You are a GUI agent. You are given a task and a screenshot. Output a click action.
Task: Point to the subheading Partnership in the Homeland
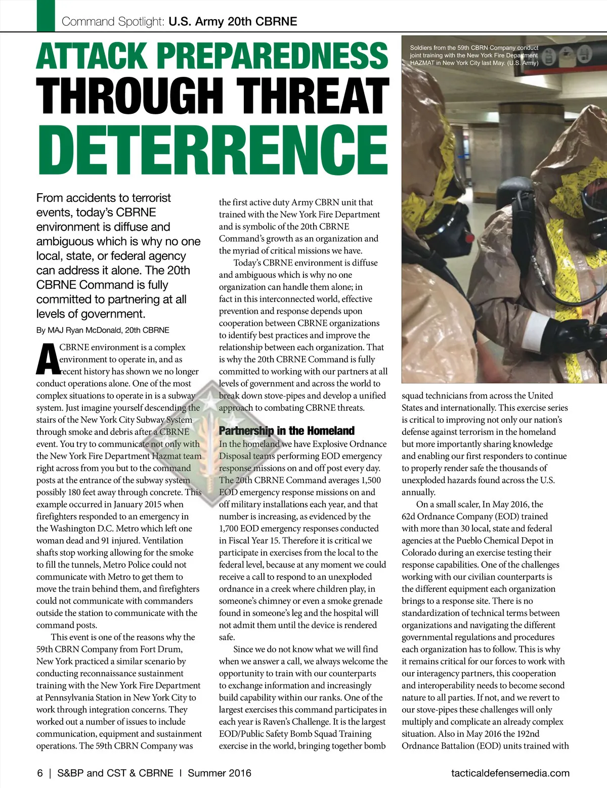tap(286, 431)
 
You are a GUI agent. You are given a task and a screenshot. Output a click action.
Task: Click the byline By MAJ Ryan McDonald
tap(102, 330)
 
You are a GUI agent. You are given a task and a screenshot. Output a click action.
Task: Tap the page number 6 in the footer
tap(40, 773)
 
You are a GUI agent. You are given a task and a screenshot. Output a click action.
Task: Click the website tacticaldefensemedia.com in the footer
tap(510, 773)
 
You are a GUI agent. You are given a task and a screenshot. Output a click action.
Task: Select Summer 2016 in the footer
tap(219, 773)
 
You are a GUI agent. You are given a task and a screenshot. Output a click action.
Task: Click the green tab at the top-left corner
tap(46, 15)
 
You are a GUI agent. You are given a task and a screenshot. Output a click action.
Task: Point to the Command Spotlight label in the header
tap(112, 22)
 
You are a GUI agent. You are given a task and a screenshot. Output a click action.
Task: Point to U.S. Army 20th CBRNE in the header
tap(233, 22)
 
